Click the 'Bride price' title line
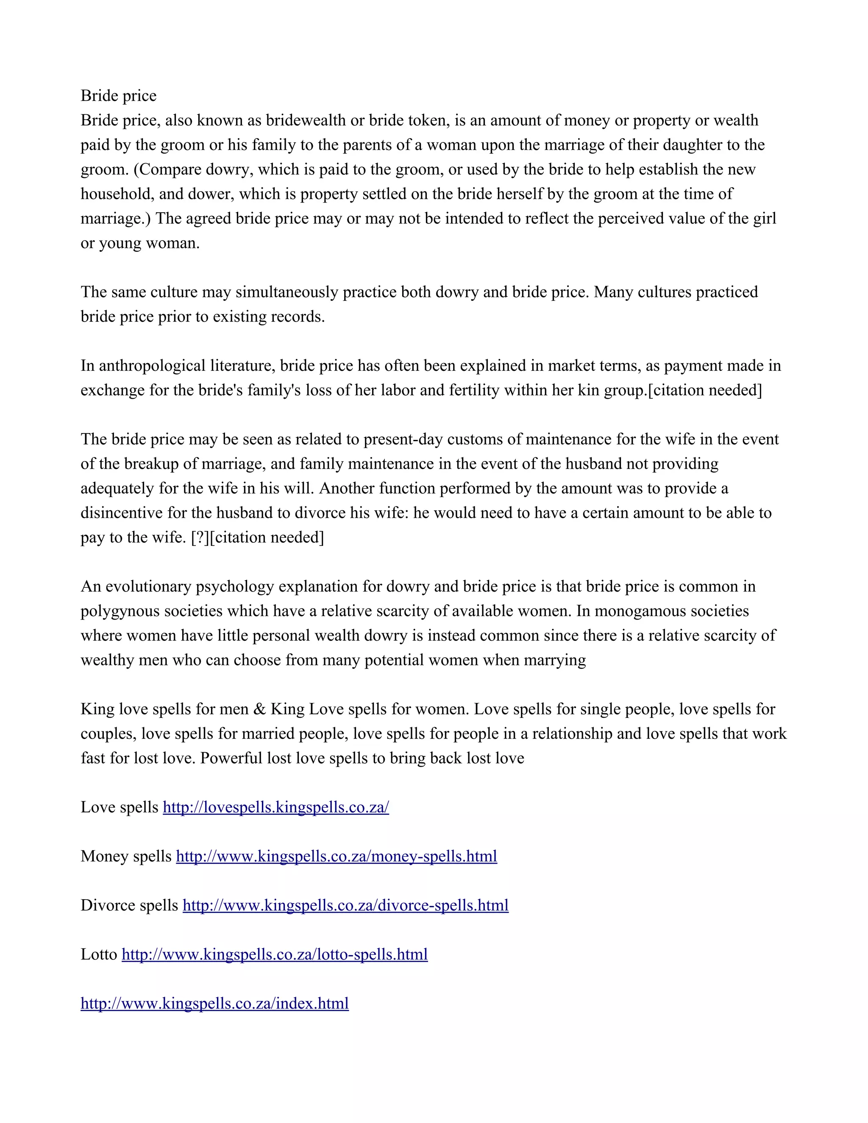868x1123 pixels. coord(118,96)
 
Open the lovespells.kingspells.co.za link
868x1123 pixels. coord(275,807)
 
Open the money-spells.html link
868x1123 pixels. coord(336,856)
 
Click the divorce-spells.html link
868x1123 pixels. coord(345,906)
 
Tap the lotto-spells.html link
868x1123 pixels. coord(275,954)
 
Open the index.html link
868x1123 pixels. coord(214,1003)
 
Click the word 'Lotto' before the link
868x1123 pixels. coord(99,954)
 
